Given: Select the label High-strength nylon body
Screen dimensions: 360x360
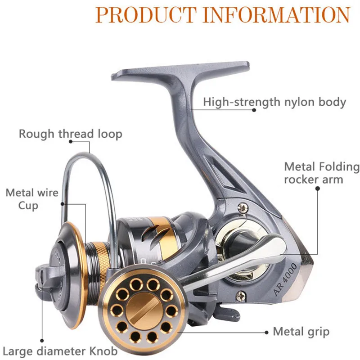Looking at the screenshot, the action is tap(274, 102).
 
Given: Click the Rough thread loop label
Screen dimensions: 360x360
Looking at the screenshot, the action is tap(70, 134).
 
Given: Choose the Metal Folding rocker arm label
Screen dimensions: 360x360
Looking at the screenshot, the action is tap(322, 173).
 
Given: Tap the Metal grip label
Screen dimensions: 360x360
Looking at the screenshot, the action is tap(301, 332).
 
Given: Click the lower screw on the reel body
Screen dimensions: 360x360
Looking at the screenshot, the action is tap(242, 296).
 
